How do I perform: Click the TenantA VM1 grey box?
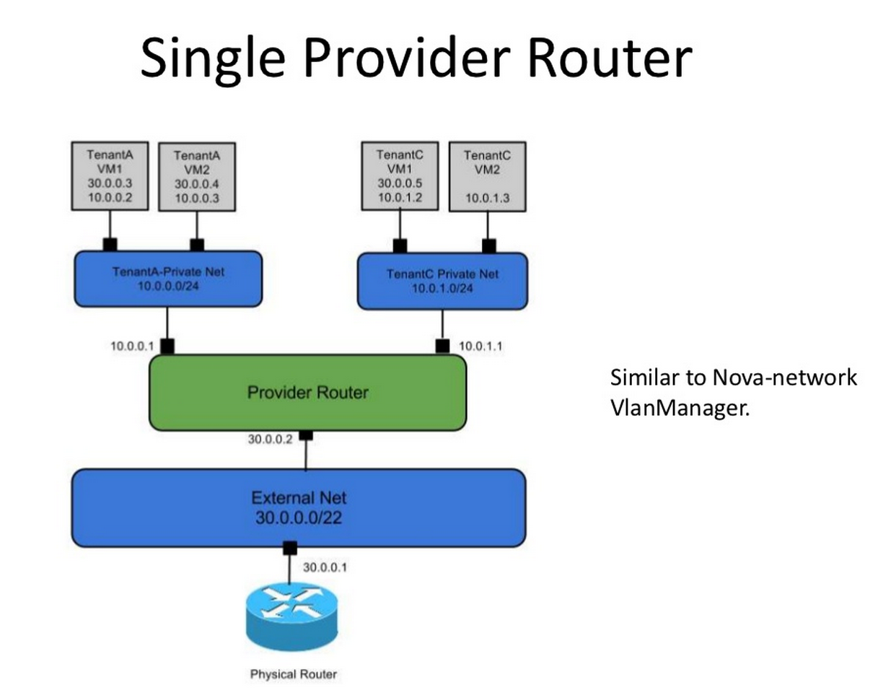click(x=110, y=175)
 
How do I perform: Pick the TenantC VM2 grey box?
click(x=487, y=177)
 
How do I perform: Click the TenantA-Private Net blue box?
click(x=168, y=279)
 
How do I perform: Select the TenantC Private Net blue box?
click(x=442, y=281)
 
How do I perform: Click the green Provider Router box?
click(x=307, y=393)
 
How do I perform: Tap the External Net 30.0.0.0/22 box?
click(x=298, y=507)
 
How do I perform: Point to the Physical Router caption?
click(x=293, y=675)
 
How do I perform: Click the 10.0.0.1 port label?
click(x=132, y=346)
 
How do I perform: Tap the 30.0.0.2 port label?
click(x=270, y=439)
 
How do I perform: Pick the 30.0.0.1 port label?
click(x=325, y=567)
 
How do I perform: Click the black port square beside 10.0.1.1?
click(x=443, y=346)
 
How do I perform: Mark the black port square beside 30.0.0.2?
click(x=306, y=435)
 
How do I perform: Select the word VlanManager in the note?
click(x=679, y=408)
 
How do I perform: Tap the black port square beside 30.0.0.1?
click(x=289, y=549)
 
